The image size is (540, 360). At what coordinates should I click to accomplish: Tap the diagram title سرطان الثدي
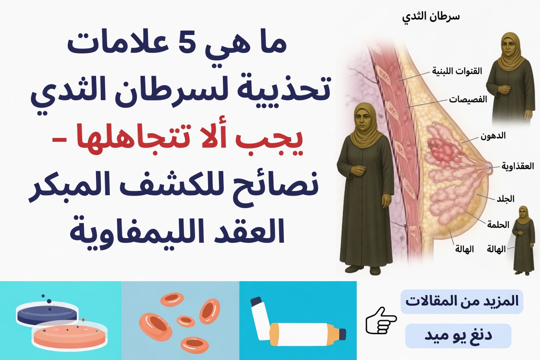[x=431, y=18]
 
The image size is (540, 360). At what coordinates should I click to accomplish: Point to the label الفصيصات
[x=468, y=100]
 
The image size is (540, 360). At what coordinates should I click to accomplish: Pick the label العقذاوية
[x=517, y=166]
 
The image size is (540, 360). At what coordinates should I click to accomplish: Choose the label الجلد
[x=505, y=199]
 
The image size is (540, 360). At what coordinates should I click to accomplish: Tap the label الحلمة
[x=498, y=224]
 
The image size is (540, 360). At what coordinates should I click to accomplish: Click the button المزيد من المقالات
[x=462, y=302]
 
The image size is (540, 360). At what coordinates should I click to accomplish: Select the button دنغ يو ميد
[x=458, y=335]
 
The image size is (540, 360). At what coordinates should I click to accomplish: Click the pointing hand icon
[x=381, y=321]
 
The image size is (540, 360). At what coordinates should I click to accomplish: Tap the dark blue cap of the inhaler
[x=342, y=334]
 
